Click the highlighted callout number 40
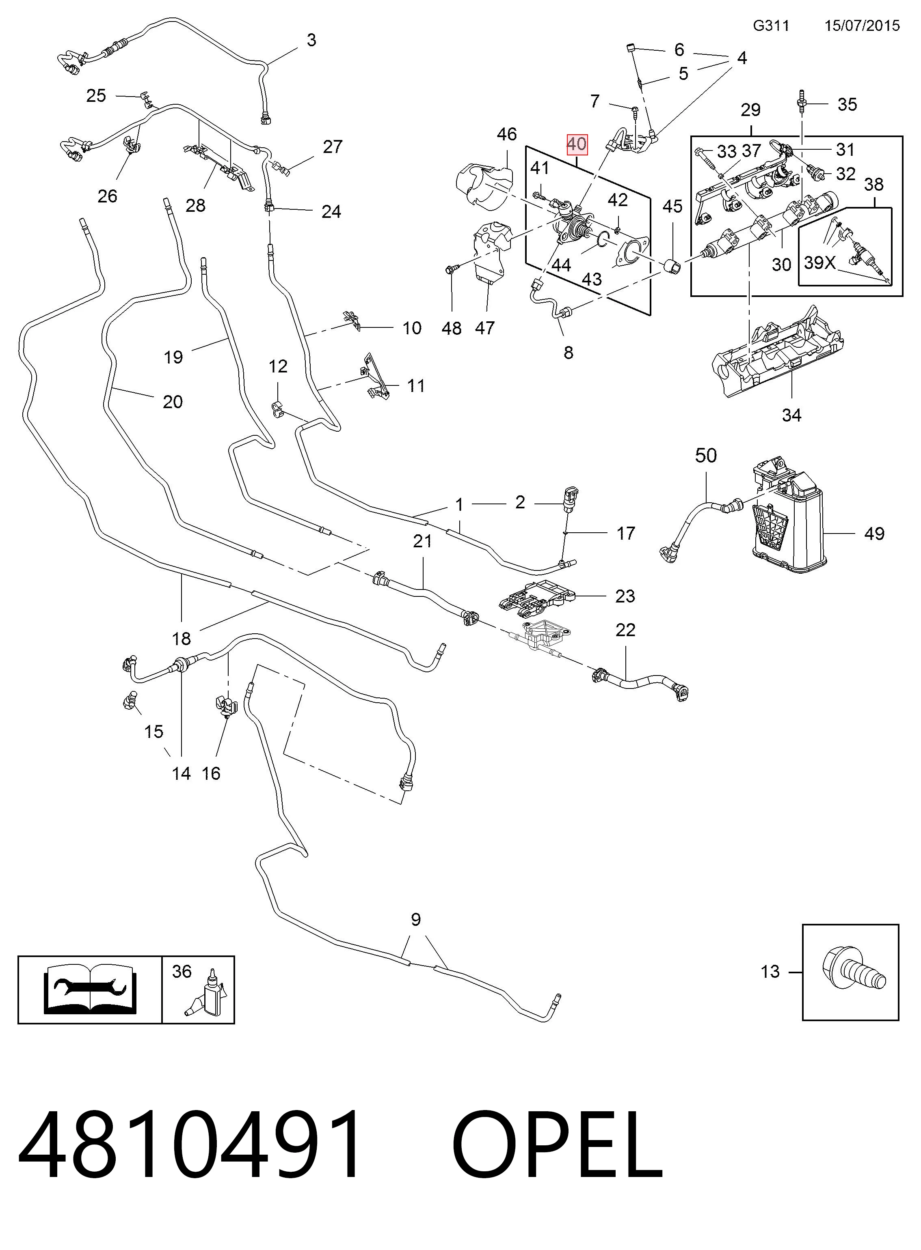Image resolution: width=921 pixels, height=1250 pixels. [x=577, y=145]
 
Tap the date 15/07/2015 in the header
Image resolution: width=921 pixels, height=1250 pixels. [x=862, y=26]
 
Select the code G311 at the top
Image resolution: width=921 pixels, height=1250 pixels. [x=771, y=26]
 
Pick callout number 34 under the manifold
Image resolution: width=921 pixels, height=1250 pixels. [x=791, y=415]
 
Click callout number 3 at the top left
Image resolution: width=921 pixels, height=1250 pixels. [x=311, y=40]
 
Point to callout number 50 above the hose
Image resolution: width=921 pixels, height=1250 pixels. [x=706, y=456]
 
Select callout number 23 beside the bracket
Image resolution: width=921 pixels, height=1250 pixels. [x=625, y=596]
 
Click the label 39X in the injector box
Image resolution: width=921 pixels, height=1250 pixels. [x=820, y=262]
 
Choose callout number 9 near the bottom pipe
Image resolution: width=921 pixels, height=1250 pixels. [x=416, y=920]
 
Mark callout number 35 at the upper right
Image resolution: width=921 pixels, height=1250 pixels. [x=847, y=104]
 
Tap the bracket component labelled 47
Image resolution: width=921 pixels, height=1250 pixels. [x=491, y=254]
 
